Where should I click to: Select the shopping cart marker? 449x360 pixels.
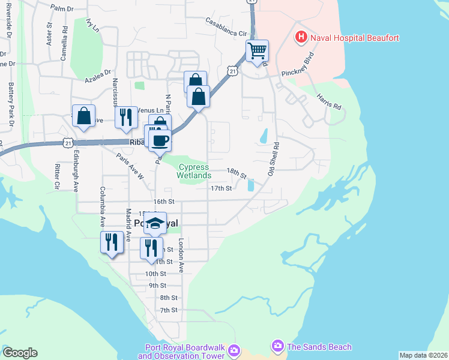coord(257,51)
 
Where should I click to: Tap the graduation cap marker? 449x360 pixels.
coord(155,224)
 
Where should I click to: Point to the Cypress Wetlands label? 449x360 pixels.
coord(194,171)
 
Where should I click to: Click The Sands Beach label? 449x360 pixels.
coord(319,347)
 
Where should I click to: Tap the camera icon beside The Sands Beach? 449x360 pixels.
coord(277,346)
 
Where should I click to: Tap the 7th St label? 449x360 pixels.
coord(169,310)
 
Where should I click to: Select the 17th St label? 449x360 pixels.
coord(221,188)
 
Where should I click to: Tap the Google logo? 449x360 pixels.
coord(20,353)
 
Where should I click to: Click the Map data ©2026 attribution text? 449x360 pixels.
coord(423,355)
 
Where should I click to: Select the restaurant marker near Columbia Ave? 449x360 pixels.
coord(111,242)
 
